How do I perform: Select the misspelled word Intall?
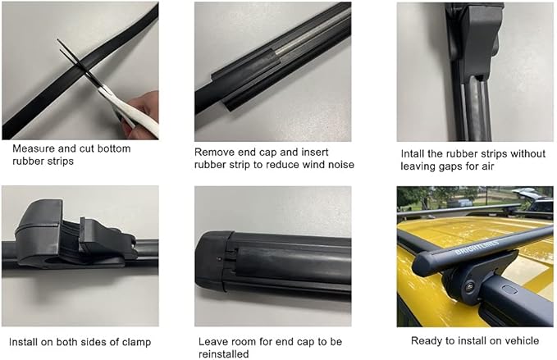[414, 153]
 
